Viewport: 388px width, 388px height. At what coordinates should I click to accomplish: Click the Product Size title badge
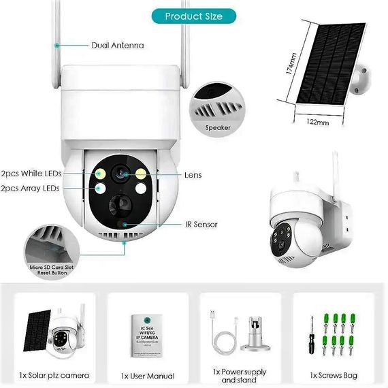(x=193, y=15)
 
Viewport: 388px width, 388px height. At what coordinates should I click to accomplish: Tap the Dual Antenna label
(x=117, y=46)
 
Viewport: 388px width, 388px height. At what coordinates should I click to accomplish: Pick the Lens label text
(x=193, y=175)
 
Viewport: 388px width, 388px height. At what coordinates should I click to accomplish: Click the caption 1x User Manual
(x=148, y=376)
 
